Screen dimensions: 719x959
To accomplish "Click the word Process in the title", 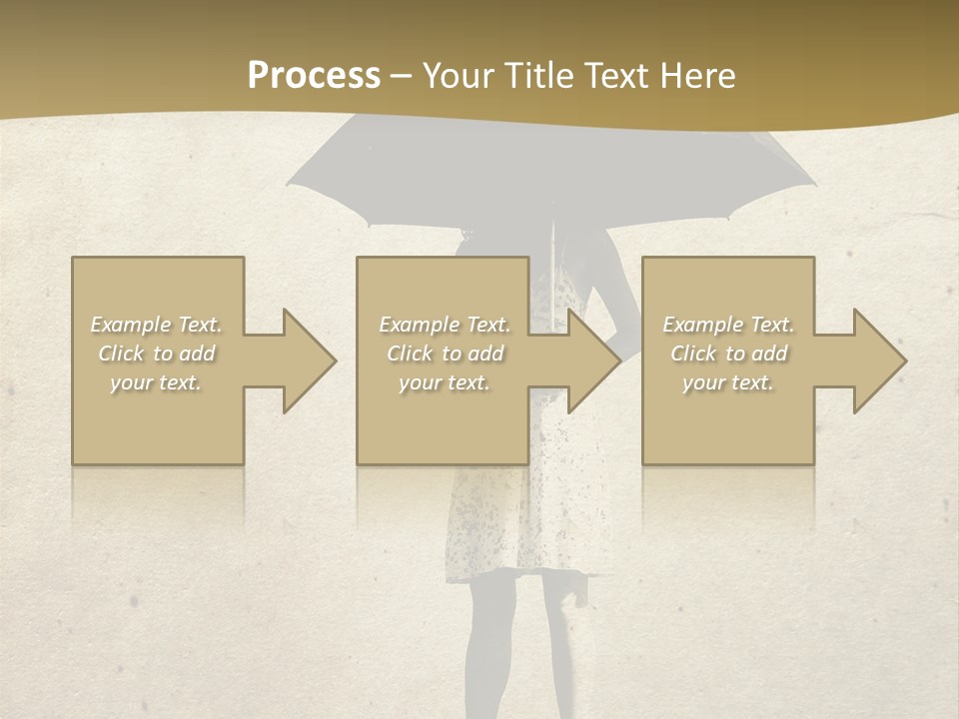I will (x=314, y=76).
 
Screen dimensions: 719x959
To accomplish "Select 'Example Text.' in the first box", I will (x=157, y=325).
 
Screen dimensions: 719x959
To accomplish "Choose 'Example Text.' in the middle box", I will (x=445, y=325).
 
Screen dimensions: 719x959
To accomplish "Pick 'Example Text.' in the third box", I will (x=728, y=325).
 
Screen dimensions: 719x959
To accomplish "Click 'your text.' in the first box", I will (x=156, y=382).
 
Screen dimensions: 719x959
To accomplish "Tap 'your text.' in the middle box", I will (x=444, y=382).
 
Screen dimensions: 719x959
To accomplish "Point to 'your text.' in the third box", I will (x=727, y=382).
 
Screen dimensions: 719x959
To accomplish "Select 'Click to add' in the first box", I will (x=157, y=354).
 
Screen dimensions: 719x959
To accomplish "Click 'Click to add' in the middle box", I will (x=445, y=354).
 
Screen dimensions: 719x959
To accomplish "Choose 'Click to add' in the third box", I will (x=728, y=354).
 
